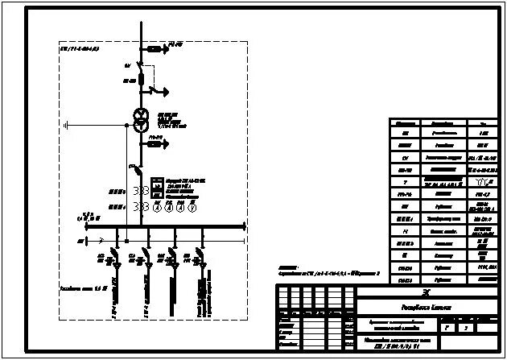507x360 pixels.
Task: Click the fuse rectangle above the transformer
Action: [x=142, y=79]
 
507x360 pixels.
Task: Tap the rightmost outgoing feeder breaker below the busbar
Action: [x=200, y=261]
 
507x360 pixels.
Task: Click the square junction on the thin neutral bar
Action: [x=126, y=240]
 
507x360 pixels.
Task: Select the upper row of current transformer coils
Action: [x=141, y=191]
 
